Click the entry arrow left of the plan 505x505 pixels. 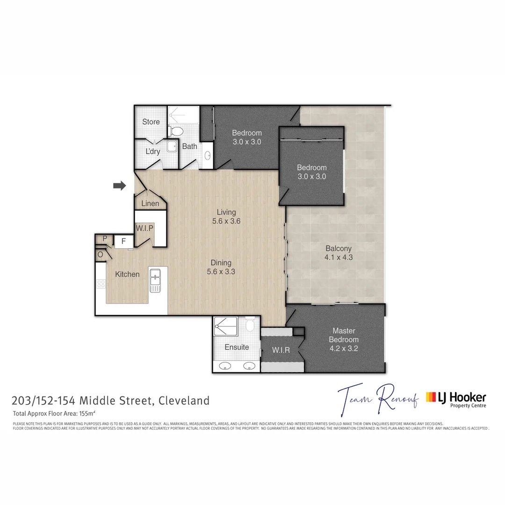click(120, 186)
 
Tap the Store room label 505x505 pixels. click(151, 122)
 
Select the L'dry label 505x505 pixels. click(152, 151)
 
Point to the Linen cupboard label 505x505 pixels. click(150, 203)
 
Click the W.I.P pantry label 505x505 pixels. click(144, 228)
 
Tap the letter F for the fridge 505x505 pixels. click(123, 241)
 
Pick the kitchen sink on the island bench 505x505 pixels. click(155, 280)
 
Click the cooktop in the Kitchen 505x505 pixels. click(101, 283)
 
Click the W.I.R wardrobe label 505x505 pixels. click(281, 350)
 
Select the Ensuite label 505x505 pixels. click(237, 347)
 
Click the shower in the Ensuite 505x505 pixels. click(226, 326)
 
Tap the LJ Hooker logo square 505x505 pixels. click(431, 397)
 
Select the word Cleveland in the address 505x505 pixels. click(184, 400)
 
